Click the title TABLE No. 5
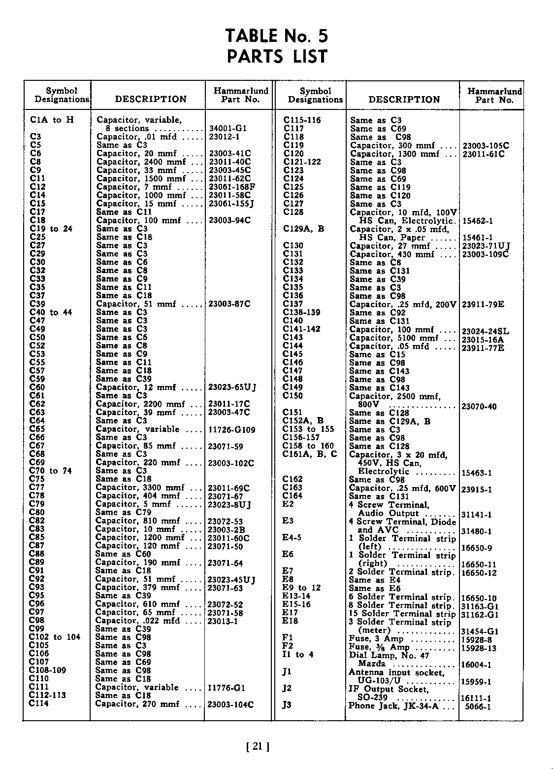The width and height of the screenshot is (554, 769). point(276,36)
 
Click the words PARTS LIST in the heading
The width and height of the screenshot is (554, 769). point(277,57)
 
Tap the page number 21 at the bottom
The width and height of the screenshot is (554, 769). point(257,747)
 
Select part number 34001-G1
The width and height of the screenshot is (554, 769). point(227,128)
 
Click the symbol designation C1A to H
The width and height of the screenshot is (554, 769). point(52,120)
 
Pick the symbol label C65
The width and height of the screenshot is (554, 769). point(37,429)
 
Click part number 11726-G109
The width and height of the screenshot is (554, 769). point(232,430)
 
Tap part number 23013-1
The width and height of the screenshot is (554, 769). point(223,621)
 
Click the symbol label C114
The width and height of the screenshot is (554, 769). point(39,703)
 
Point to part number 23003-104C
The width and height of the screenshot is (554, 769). point(231,704)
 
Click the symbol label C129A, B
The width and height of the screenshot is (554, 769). point(303,229)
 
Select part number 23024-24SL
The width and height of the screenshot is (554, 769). point(486,330)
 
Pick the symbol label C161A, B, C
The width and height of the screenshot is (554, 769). point(310,454)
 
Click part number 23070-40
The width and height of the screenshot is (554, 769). point(479,407)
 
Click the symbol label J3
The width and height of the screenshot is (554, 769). point(287,704)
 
